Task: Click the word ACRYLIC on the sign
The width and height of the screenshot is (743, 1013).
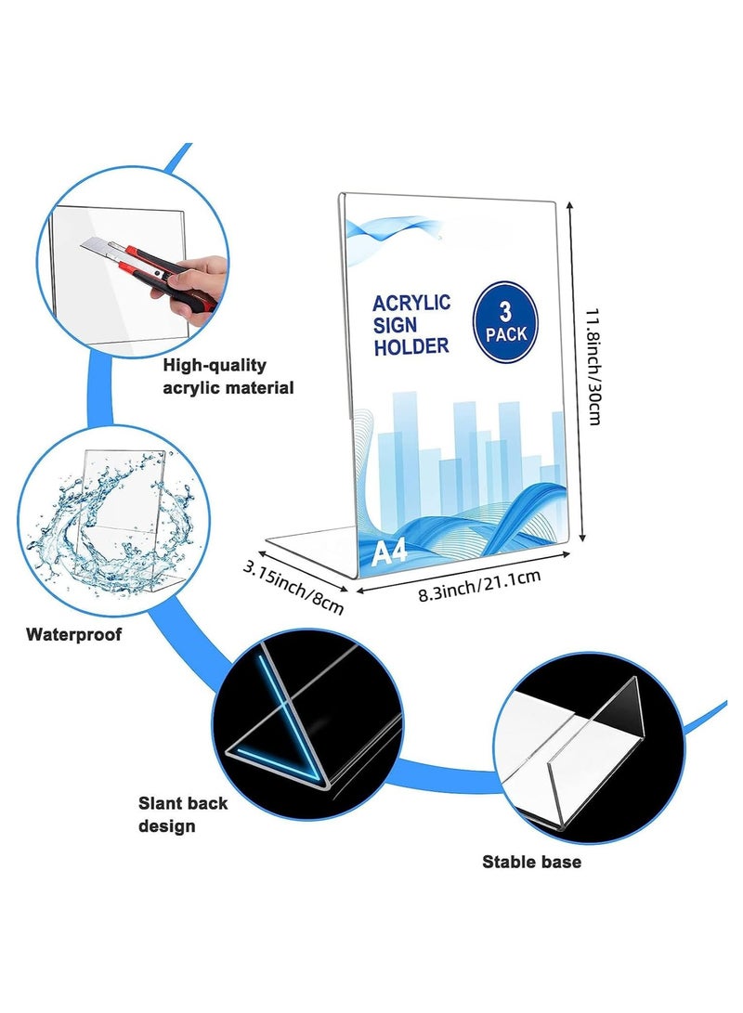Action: point(411,303)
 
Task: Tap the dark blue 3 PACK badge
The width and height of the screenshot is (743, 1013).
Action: point(505,322)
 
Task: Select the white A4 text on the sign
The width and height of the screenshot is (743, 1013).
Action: point(389,552)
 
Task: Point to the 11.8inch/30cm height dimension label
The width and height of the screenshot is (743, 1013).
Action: point(594,366)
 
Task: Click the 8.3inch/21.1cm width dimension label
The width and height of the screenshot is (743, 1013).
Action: point(478,585)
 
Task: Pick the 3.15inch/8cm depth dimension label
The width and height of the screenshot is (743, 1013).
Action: point(293,587)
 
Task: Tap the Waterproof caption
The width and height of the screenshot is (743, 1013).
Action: point(73,634)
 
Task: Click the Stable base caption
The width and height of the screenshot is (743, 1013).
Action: point(532,862)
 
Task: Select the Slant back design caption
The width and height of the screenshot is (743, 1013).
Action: point(183,814)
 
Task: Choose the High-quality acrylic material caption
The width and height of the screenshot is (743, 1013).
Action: point(228,377)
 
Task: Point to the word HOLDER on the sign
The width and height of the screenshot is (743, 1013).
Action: point(411,346)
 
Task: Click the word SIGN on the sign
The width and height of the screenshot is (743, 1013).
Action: point(395,325)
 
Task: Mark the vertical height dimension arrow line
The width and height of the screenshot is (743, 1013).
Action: point(576,370)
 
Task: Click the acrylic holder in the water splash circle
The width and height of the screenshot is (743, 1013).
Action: point(123,517)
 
